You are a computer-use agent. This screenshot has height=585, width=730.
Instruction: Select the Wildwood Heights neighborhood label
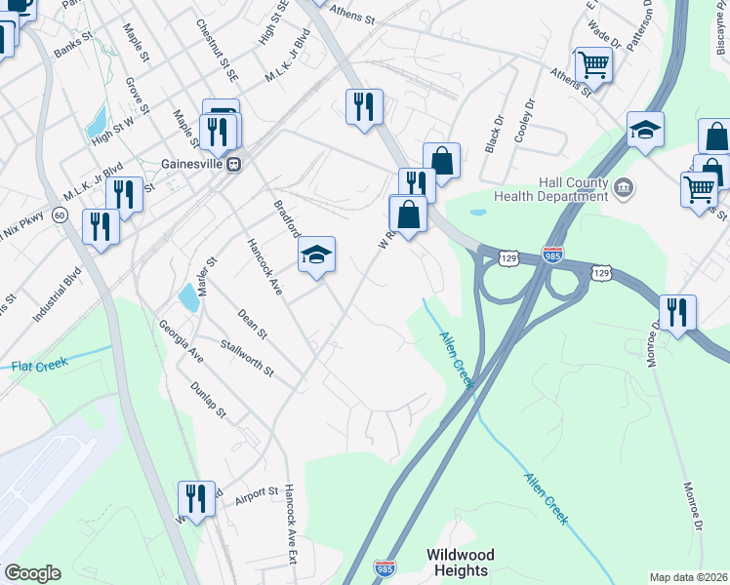460,562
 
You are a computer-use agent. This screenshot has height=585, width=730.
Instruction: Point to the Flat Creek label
39,365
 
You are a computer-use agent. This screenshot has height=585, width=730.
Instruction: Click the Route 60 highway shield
61,214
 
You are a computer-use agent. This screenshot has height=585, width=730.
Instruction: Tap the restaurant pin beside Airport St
196,500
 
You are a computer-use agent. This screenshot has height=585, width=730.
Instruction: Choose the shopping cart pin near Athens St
593,66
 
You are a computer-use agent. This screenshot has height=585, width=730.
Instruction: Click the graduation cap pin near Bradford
316,255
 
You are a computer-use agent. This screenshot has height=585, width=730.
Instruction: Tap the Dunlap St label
207,401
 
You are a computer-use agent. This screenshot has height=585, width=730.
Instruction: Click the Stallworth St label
247,358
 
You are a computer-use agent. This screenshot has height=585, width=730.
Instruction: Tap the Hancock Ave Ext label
290,526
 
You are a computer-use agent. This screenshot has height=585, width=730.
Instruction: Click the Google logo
32,573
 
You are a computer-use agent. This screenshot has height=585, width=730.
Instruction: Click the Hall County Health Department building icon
624,185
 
